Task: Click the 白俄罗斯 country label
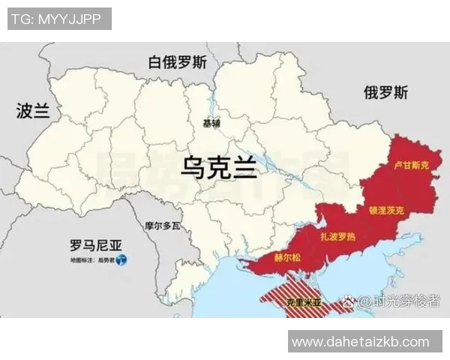[x=177, y=61]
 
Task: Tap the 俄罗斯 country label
[x=386, y=93]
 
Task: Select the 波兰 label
[x=33, y=112]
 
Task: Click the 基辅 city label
[x=211, y=123]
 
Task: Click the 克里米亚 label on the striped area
[x=304, y=304]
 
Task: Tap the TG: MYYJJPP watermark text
[x=59, y=19]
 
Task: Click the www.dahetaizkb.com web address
[x=361, y=342]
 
